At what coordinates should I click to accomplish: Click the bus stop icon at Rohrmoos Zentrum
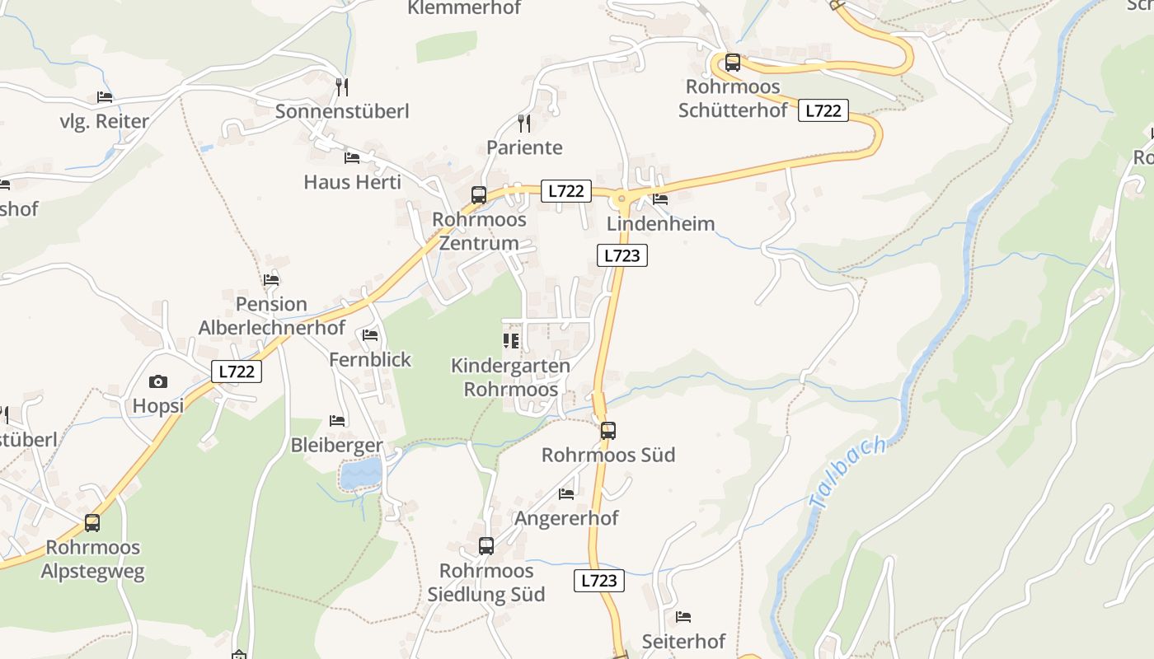pyautogui.click(x=479, y=195)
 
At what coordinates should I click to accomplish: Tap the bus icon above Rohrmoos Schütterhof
pyautogui.click(x=733, y=63)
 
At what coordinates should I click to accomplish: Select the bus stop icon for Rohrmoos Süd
pyautogui.click(x=608, y=430)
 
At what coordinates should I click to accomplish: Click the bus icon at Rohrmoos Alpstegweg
pyautogui.click(x=92, y=522)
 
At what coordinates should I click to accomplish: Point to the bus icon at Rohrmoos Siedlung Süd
pyautogui.click(x=486, y=545)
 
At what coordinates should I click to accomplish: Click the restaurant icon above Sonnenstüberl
pyautogui.click(x=342, y=86)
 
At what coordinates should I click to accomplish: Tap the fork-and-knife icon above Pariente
pyautogui.click(x=523, y=124)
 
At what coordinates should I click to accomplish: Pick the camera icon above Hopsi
pyautogui.click(x=158, y=381)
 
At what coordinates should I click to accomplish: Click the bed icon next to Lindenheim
pyautogui.click(x=660, y=199)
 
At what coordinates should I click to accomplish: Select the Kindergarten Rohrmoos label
pyautogui.click(x=510, y=377)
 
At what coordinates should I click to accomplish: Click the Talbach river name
pyautogui.click(x=848, y=472)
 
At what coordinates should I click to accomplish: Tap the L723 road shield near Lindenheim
pyautogui.click(x=622, y=255)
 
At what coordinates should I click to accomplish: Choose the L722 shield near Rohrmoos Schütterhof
pyautogui.click(x=823, y=110)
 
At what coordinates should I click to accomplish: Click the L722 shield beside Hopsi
pyautogui.click(x=237, y=372)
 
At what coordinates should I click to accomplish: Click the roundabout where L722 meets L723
pyautogui.click(x=622, y=197)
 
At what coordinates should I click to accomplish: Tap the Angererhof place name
pyautogui.click(x=566, y=518)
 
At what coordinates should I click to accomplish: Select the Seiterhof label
pyautogui.click(x=683, y=641)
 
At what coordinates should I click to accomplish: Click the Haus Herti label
pyautogui.click(x=352, y=182)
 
